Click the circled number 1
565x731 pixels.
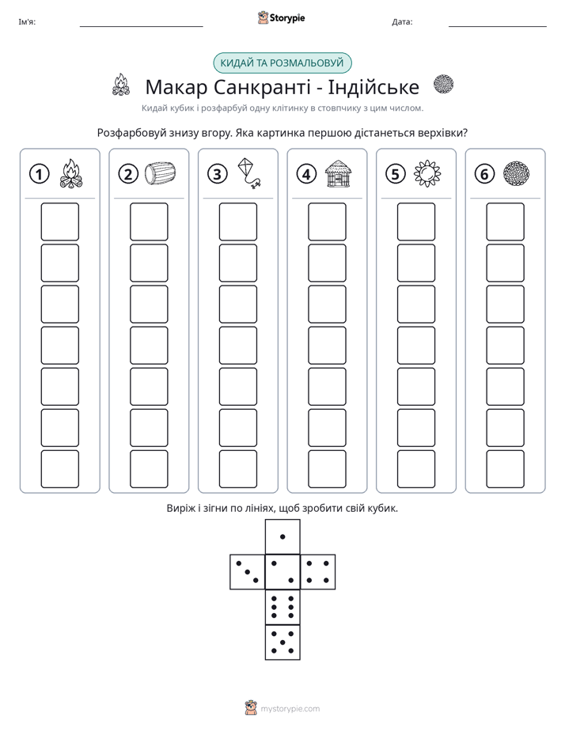39,174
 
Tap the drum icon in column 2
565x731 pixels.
160,173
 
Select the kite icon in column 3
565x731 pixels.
249,173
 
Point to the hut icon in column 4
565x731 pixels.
338,173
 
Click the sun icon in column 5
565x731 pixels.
427,173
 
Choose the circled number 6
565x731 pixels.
484,174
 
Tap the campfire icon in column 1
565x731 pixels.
71,173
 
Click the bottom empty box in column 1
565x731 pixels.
59,469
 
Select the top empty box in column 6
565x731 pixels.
506,222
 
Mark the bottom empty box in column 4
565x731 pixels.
328,469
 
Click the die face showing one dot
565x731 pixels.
282,536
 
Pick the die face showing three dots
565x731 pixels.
248,572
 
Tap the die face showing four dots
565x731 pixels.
318,572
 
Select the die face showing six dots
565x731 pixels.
282,607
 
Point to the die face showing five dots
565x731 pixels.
282,642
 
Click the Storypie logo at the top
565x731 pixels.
281,18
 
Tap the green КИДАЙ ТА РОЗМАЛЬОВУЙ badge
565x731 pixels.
282,63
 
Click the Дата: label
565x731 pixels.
402,22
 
